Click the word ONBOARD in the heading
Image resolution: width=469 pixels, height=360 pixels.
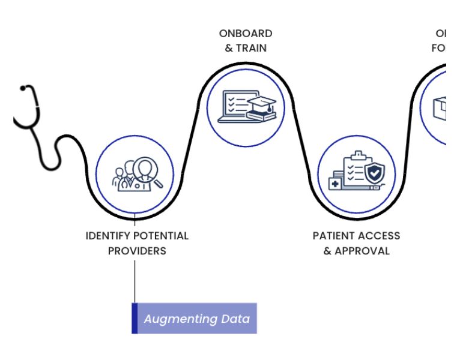(x=245, y=34)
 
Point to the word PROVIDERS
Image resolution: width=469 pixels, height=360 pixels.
(x=137, y=251)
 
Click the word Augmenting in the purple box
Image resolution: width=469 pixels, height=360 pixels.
(x=180, y=319)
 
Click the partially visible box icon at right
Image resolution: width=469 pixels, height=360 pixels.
(x=440, y=109)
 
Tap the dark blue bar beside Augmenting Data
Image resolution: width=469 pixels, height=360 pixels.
(x=135, y=319)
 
